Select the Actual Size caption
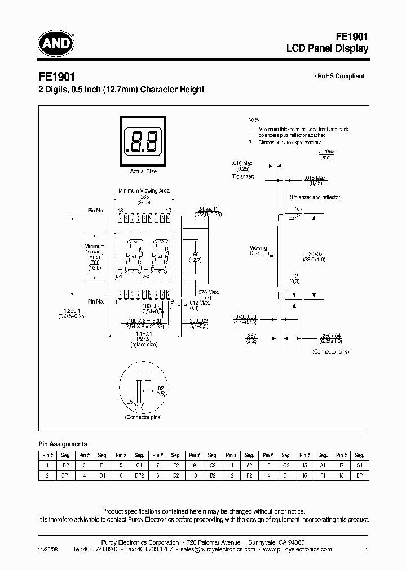143,171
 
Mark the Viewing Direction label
259,251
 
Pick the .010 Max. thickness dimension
242,163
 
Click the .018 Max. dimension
316,179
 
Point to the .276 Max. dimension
209,291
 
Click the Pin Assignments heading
63,444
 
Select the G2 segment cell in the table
286,466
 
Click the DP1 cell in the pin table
65,475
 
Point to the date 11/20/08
48,549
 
